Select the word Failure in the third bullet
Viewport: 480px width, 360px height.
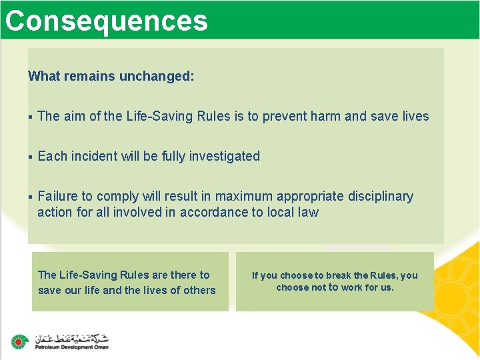click(57, 196)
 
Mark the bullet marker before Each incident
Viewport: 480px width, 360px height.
click(31, 157)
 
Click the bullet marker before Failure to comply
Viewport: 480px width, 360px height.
click(31, 197)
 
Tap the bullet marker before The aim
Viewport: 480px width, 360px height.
click(31, 117)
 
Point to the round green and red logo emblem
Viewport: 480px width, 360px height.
click(19, 341)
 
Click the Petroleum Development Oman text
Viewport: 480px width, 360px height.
click(71, 347)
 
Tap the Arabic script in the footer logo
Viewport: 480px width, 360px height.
click(71, 337)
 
